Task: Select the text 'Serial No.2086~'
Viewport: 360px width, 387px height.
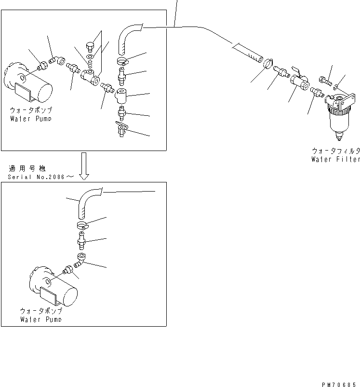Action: coord(40,177)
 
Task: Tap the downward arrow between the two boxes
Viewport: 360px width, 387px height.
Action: coord(84,166)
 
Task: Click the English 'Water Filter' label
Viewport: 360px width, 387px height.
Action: coord(335,159)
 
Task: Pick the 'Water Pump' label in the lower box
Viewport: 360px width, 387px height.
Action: coord(40,319)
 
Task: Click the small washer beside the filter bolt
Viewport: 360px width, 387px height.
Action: coord(336,87)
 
